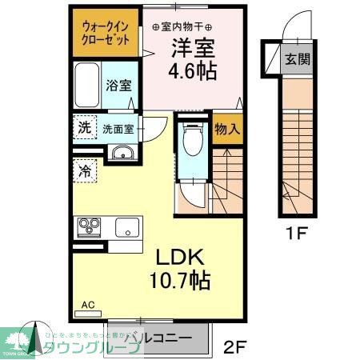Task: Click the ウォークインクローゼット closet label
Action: [105, 32]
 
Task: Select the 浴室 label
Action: [121, 86]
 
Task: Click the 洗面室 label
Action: [118, 128]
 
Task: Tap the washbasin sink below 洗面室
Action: [122, 153]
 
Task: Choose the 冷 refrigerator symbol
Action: [84, 170]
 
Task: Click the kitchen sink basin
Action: [128, 227]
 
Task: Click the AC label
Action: [87, 304]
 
